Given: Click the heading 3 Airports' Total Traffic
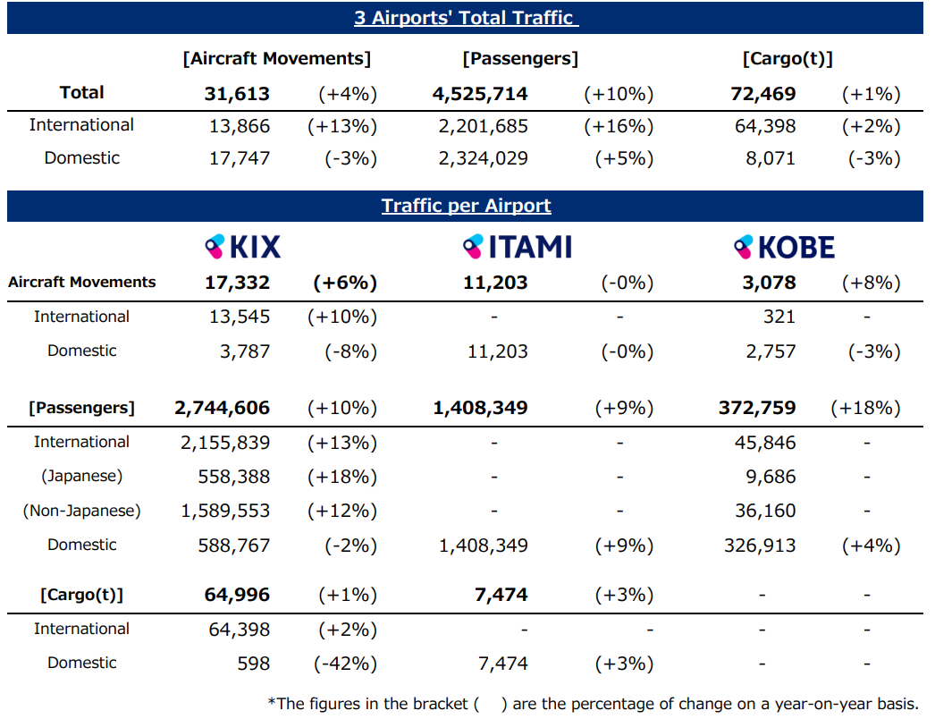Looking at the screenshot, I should [466, 17].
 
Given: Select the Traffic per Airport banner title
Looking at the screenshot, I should [466, 206].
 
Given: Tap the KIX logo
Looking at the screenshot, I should [243, 246].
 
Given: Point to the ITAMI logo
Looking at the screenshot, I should [518, 246].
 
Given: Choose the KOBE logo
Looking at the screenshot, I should [784, 246].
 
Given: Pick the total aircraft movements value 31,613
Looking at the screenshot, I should [237, 94].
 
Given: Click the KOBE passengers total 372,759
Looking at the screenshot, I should [756, 409].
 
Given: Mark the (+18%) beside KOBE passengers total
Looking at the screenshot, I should [864, 409].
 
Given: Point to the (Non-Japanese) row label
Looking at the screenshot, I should [82, 511].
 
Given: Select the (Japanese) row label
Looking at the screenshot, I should [82, 477].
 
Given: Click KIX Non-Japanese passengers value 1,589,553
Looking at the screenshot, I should [225, 511].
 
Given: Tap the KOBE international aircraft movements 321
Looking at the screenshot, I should [779, 317].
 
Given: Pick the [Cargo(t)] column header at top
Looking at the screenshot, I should [788, 59].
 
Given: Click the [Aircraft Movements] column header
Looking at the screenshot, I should [276, 59].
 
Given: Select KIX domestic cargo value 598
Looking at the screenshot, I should [251, 664].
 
